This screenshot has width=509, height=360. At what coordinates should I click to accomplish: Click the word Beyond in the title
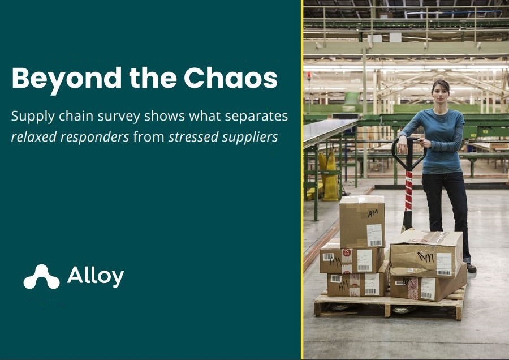tap(67, 79)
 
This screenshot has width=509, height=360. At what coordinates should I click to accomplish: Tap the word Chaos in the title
tap(231, 78)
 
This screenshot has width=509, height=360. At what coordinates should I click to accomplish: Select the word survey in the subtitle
tap(119, 117)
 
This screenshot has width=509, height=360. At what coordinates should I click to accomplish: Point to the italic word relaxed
tap(34, 137)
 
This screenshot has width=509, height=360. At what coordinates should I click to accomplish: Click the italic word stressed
tap(193, 137)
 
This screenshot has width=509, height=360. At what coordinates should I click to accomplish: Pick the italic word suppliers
tap(250, 138)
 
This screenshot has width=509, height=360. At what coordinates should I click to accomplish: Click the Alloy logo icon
tap(41, 277)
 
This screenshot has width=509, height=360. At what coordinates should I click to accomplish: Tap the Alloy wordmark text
tap(96, 276)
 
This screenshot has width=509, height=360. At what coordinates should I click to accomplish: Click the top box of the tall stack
tap(362, 221)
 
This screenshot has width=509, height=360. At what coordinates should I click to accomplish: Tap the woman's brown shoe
tap(471, 268)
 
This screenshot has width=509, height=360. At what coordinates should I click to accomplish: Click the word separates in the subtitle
tap(256, 117)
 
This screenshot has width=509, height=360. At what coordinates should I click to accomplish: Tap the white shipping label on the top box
tap(374, 235)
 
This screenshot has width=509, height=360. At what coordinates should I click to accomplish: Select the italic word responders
tap(95, 138)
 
